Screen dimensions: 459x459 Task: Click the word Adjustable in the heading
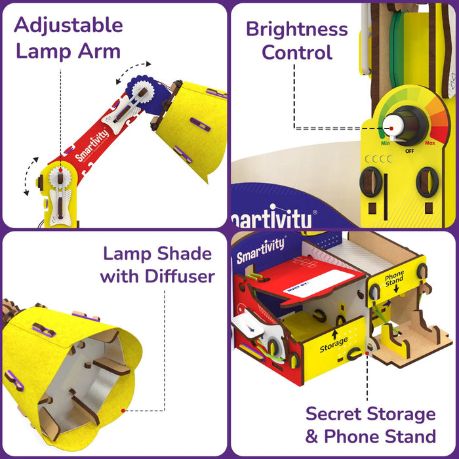(x=68, y=25)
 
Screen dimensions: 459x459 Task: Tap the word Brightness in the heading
(x=297, y=29)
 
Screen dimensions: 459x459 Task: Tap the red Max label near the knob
(x=430, y=142)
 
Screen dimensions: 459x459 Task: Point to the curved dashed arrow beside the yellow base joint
(x=28, y=176)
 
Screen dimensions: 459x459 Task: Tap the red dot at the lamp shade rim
(x=123, y=410)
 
